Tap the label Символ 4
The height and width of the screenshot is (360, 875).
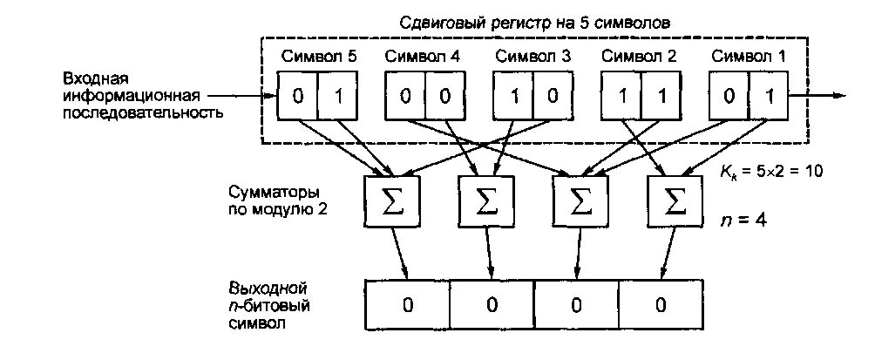[423, 57]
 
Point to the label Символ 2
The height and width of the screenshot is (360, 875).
[640, 57]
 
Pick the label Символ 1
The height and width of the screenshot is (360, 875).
[749, 57]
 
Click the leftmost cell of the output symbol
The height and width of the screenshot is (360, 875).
[406, 304]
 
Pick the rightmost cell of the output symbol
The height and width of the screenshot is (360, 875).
[661, 304]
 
